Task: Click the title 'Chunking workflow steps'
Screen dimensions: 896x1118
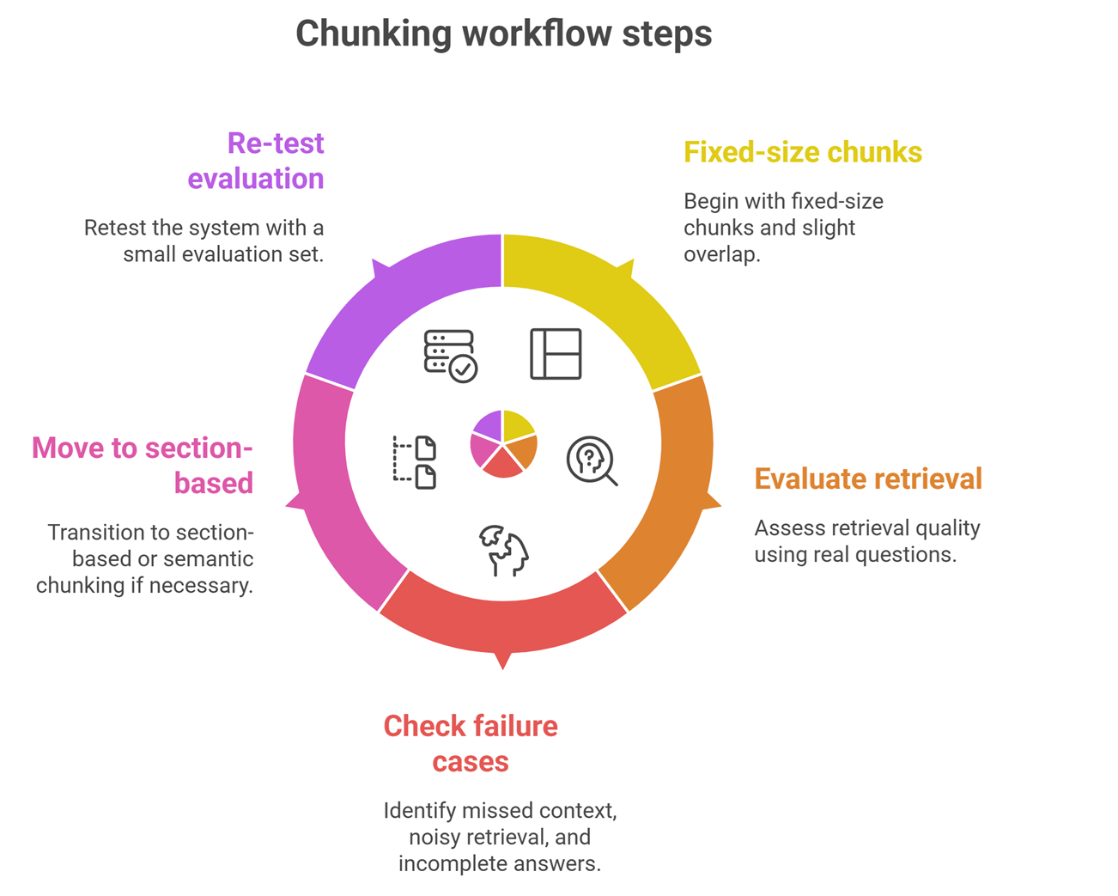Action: (503, 34)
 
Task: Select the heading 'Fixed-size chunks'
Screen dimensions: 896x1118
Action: (802, 152)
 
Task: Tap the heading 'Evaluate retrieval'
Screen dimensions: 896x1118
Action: (867, 478)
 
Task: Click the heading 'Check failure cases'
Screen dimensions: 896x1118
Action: (471, 743)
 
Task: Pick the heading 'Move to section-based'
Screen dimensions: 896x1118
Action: (143, 465)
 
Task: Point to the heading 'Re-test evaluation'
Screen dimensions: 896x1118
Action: (256, 161)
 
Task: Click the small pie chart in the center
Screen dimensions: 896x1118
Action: (503, 444)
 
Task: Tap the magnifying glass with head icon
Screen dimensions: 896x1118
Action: (592, 460)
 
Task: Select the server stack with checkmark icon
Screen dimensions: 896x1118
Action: (450, 355)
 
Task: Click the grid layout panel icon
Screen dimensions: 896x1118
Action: (556, 353)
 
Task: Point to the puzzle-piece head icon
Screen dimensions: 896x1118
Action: (504, 551)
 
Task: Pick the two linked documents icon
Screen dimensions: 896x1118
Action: (415, 462)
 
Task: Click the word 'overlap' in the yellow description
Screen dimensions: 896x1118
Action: (722, 254)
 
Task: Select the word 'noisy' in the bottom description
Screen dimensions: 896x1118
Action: (434, 837)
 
